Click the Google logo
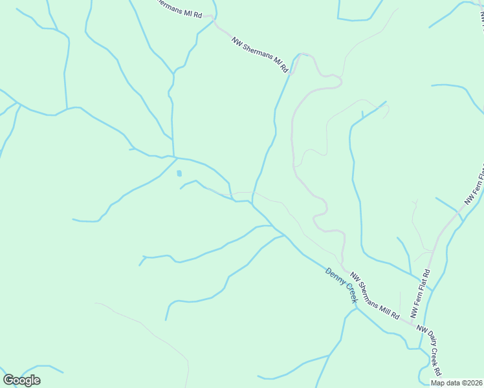21,380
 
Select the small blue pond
179,173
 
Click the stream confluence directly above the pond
173,156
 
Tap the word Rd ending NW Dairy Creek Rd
438,369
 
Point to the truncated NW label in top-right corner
481,19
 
